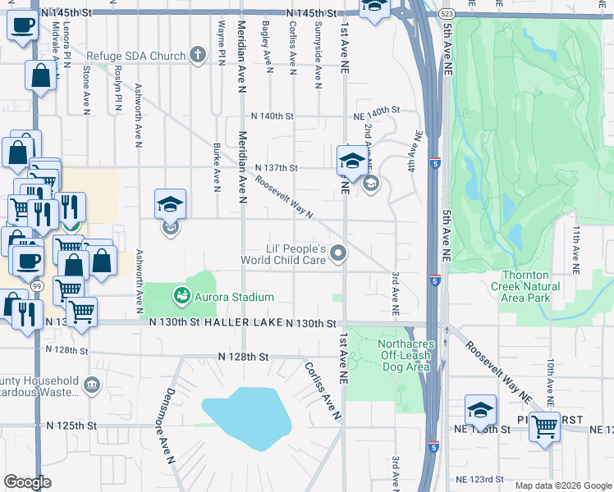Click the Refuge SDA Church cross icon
point(196,56)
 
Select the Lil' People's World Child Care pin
point(337,256)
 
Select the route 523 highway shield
point(444,14)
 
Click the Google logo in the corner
point(28,481)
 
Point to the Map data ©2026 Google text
point(562,485)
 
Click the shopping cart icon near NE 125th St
point(544,427)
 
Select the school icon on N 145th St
point(374,7)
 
